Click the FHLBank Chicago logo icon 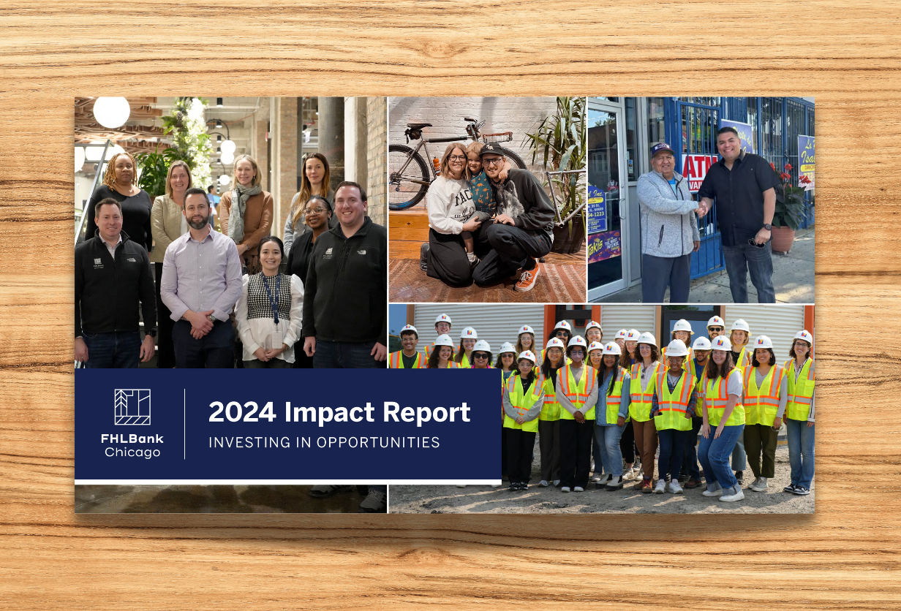[132, 407]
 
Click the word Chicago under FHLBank [132, 452]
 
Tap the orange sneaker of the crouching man [527, 276]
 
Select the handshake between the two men [703, 209]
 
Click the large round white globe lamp [111, 112]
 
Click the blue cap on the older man [661, 148]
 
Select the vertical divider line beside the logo [184, 424]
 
